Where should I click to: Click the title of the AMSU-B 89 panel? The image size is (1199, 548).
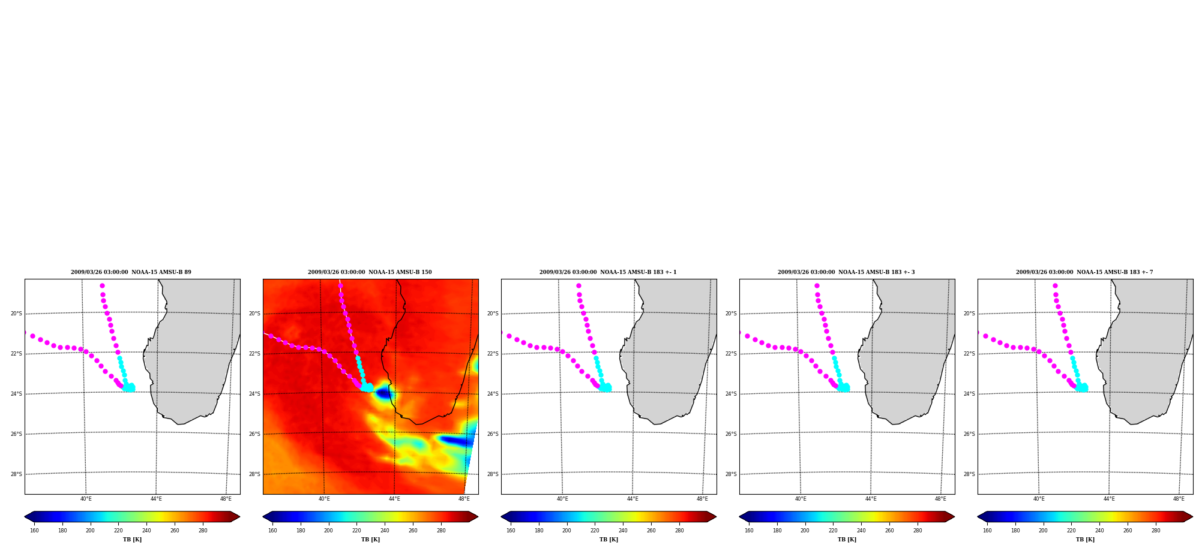point(131,272)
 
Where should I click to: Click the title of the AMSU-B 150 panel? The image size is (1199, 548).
point(370,272)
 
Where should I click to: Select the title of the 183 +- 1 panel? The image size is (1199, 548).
point(608,272)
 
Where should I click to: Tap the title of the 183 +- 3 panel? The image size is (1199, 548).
point(846,272)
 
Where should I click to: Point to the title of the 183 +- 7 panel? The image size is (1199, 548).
point(1084,272)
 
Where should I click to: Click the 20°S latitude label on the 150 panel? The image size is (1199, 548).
point(254,314)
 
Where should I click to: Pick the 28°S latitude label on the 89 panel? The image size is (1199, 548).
point(16,474)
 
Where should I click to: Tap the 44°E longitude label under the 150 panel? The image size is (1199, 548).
point(394,499)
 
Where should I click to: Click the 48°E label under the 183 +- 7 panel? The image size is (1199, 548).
point(1179,499)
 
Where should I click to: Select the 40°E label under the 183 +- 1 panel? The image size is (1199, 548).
point(562,499)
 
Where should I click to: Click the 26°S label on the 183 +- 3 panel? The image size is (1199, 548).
point(731,434)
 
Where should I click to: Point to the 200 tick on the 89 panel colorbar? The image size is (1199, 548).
point(90,531)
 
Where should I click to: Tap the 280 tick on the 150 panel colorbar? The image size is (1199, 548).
point(441,531)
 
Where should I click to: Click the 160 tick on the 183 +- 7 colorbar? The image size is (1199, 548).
point(987,531)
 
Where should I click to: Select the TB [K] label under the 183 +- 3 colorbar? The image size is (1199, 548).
point(847,540)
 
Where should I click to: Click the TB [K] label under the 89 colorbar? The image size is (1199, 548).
point(132,540)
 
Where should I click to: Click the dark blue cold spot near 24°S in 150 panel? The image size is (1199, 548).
point(383,393)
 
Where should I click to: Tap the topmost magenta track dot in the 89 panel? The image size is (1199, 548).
point(102,285)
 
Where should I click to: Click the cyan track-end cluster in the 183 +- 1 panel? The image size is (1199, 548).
point(605,387)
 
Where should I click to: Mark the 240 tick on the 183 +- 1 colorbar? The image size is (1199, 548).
point(623,531)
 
